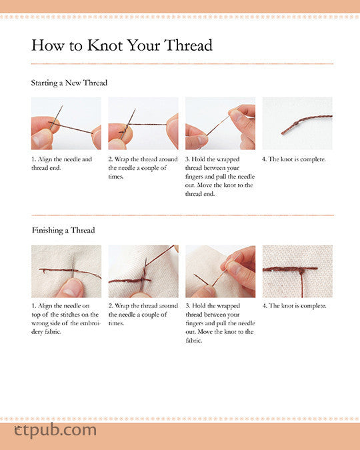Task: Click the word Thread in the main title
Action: pyautogui.click(x=188, y=45)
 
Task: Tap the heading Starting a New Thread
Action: pyautogui.click(x=69, y=83)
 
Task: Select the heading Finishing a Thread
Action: pyautogui.click(x=63, y=230)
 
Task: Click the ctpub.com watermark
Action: pyautogui.click(x=55, y=431)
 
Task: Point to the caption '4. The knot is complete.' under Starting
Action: pyautogui.click(x=294, y=159)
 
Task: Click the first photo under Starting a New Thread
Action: pyautogui.click(x=66, y=123)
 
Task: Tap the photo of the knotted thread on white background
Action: pyautogui.click(x=297, y=123)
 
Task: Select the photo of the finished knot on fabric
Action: pyautogui.click(x=297, y=271)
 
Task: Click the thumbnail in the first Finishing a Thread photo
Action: pyautogui.click(x=71, y=288)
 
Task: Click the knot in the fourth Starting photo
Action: pyautogui.click(x=295, y=123)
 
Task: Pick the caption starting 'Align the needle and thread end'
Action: pyautogui.click(x=61, y=163)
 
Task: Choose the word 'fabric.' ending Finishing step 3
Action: pyautogui.click(x=194, y=341)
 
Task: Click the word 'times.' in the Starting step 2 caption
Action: pyautogui.click(x=116, y=177)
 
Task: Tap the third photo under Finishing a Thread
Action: pyautogui.click(x=221, y=271)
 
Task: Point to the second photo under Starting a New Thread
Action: pyautogui.click(x=143, y=123)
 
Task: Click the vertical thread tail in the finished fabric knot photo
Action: pyautogui.click(x=302, y=284)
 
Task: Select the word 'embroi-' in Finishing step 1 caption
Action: pyautogui.click(x=91, y=323)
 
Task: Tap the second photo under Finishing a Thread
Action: pyautogui.click(x=143, y=271)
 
